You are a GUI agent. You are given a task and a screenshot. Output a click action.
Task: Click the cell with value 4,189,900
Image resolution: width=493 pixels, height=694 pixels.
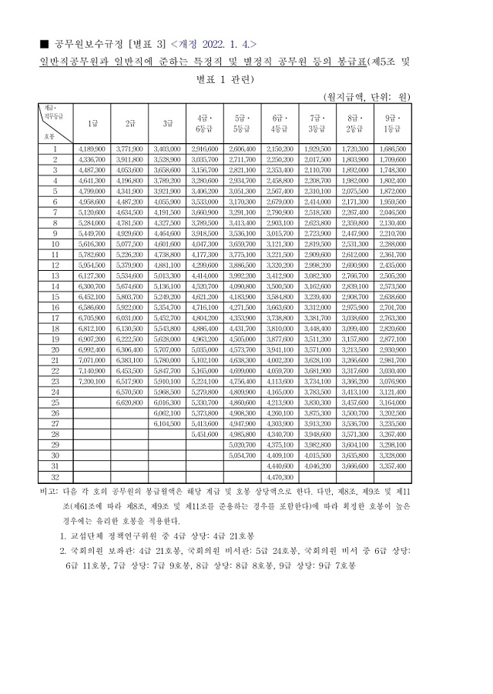point(92,148)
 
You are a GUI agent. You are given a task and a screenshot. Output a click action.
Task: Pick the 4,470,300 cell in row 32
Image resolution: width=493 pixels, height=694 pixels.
point(280,477)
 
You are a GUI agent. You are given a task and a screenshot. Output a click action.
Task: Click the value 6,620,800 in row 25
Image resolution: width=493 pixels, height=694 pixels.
point(130,402)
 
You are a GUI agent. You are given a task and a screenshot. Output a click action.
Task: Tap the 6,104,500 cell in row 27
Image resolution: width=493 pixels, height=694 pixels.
point(167,423)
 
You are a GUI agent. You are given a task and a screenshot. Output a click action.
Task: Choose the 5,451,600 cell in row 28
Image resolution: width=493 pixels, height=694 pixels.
point(205,434)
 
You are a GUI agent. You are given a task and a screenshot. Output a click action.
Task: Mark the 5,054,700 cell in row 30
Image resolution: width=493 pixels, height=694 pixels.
point(243,455)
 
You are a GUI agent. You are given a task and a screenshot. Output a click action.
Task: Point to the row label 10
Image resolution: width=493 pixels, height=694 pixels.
point(55,242)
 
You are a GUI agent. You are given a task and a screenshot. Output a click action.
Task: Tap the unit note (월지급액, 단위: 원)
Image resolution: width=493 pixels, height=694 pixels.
point(367,96)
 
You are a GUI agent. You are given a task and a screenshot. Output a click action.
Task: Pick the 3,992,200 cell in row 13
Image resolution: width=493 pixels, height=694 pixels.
point(243,274)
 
